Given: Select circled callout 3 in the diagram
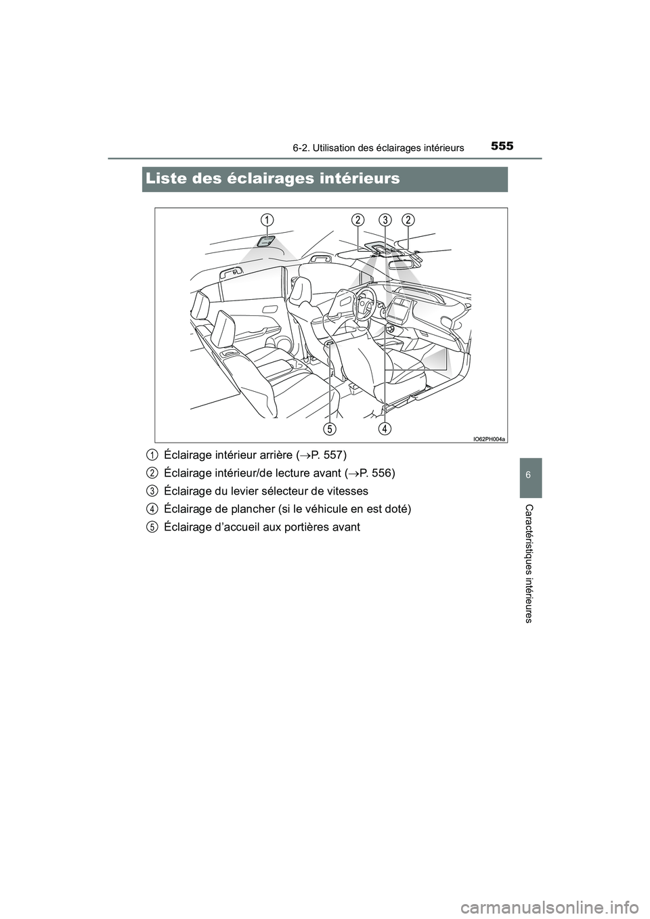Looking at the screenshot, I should (385, 219).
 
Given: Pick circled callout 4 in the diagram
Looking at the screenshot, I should (385, 428).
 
